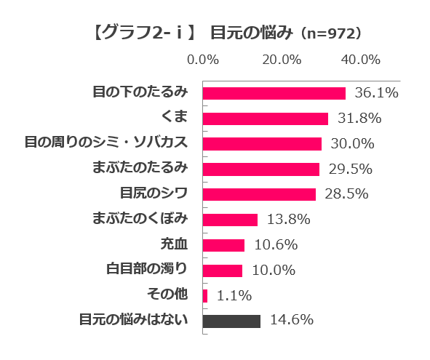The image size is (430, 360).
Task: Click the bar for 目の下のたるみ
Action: [274, 93]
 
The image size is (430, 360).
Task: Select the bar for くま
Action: [265, 119]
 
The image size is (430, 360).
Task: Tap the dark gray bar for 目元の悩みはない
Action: [231, 321]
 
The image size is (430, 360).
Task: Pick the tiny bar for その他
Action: [205, 295]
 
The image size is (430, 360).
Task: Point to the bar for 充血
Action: [223, 245]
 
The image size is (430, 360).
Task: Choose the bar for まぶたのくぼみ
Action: [230, 220]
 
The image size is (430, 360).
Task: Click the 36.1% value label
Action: [376, 93]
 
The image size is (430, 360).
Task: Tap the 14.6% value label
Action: [291, 320]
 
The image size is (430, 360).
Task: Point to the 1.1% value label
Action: [234, 295]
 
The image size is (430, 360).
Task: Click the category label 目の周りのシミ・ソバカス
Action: [106, 143]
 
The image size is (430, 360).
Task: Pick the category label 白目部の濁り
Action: [147, 269]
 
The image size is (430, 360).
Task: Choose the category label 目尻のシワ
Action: [154, 193]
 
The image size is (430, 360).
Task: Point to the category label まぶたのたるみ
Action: [140, 168]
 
